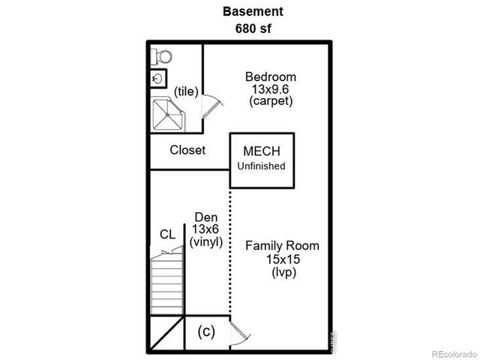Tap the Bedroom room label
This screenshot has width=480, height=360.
coord(271,76)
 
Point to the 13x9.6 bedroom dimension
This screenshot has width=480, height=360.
coord(271,88)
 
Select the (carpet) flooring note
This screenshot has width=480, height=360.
coord(271,100)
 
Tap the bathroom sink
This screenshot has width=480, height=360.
coord(157,78)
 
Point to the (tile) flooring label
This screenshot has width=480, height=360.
coord(185,91)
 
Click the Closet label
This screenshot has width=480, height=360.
coord(187,150)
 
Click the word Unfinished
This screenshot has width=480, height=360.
coord(262,166)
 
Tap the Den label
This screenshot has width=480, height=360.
coord(206,217)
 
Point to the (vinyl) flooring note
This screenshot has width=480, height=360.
coord(206,241)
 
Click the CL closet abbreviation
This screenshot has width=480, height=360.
coord(168,234)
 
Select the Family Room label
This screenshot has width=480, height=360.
coord(282,246)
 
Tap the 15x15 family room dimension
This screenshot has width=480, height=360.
coord(282,259)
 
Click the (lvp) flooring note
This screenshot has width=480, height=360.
coord(282,272)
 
